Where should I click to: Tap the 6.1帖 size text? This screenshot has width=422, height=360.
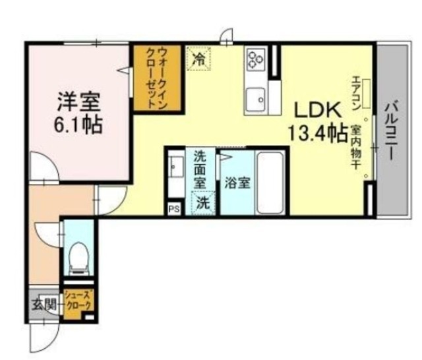pos(79,124)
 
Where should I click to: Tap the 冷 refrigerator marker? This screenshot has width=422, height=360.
pos(198,59)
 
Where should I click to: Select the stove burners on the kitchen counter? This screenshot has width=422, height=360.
pos(255,60)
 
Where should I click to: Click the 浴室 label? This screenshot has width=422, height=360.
pos(236,183)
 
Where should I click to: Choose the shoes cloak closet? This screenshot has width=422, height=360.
pos(78,301)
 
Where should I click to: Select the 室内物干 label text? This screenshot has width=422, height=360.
pos(355,148)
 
